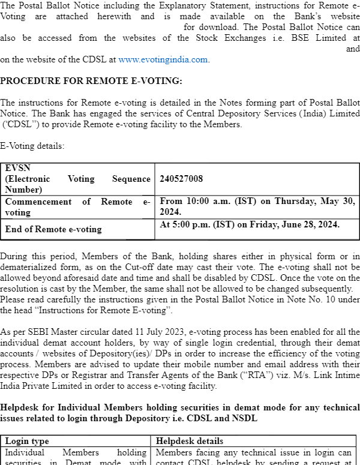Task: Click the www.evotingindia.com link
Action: click(163, 59)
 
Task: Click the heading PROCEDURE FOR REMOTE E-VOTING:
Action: click(91, 80)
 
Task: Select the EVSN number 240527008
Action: click(181, 179)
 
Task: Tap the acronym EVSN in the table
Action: click(17, 168)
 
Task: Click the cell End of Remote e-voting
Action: click(53, 229)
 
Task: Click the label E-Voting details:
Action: click(32, 146)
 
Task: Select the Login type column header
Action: click(27, 441)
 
